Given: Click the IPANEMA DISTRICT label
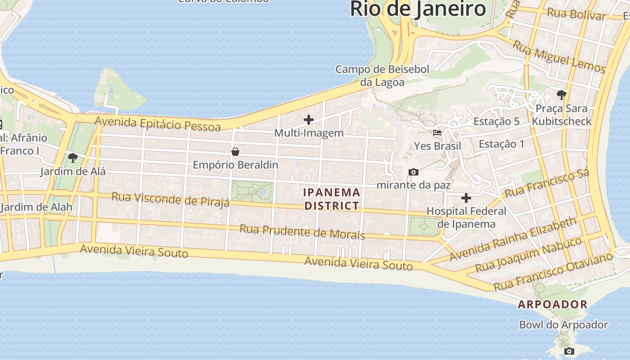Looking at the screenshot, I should [x=332, y=199].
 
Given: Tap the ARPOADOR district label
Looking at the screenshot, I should [x=553, y=305].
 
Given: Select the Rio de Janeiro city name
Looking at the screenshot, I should [x=418, y=9].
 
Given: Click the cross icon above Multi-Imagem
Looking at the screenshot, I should [x=309, y=119].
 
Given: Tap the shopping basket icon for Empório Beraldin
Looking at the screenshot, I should [x=235, y=152].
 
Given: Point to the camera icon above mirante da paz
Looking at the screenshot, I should [x=413, y=172].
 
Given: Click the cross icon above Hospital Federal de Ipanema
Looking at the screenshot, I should [x=466, y=198].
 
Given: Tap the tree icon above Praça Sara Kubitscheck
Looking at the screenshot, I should [x=561, y=94].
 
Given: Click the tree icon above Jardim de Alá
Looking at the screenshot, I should [x=72, y=158].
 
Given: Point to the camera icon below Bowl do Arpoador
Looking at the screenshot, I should [x=569, y=351].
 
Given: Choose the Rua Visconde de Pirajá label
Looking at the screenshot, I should [x=171, y=199].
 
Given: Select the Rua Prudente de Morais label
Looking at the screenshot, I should [x=302, y=232].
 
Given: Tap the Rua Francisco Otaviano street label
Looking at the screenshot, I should [x=553, y=271].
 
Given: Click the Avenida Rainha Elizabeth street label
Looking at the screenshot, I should [x=513, y=239].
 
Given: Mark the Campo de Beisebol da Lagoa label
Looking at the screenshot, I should [x=382, y=76].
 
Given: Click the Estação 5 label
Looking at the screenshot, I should [x=496, y=121].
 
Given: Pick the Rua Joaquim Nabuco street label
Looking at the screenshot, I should [x=528, y=255].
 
